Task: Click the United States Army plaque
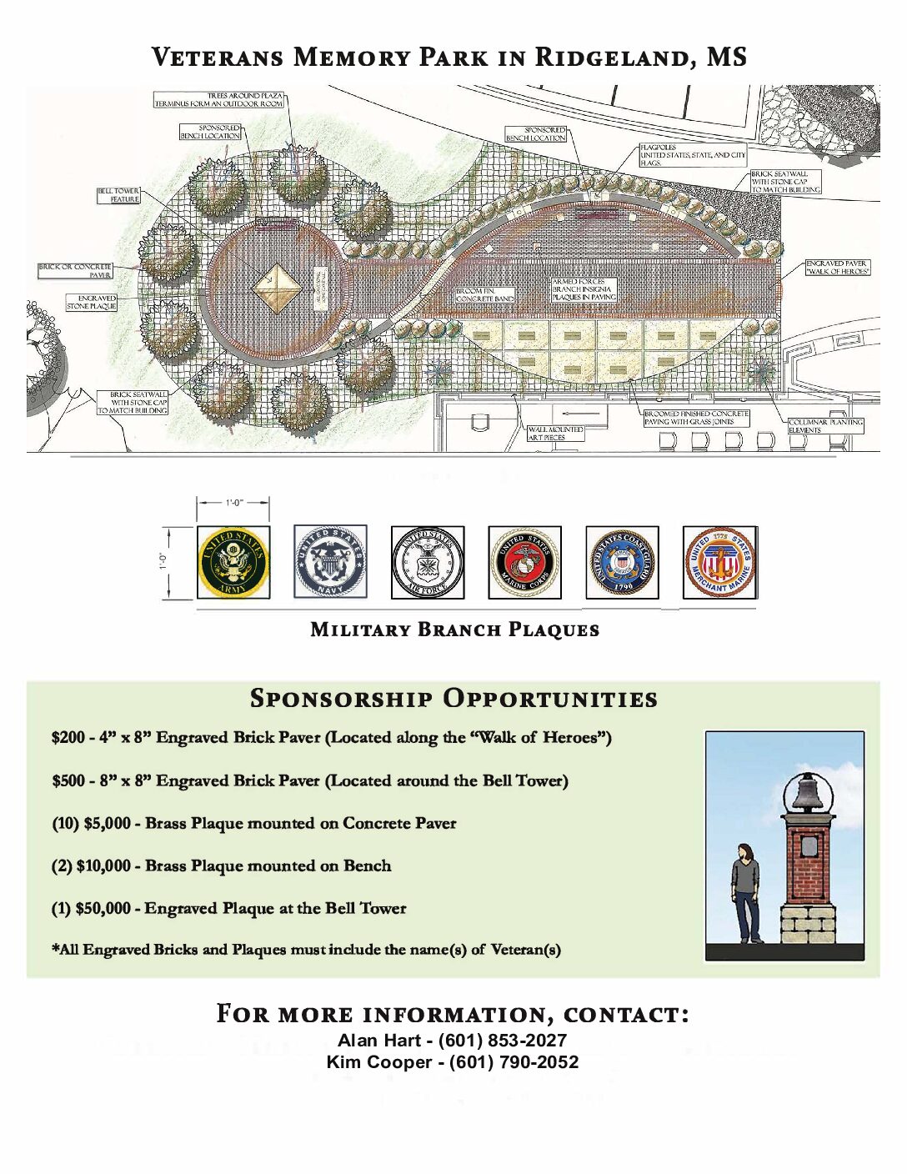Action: (x=233, y=562)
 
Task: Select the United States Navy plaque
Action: (x=330, y=562)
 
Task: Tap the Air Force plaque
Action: (x=428, y=563)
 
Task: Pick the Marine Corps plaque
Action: (x=525, y=563)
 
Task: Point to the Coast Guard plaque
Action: (x=622, y=563)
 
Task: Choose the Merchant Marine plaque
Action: (x=719, y=563)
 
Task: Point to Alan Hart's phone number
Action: (x=503, y=1041)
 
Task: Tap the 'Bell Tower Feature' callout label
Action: (x=118, y=195)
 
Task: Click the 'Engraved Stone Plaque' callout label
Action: (x=92, y=302)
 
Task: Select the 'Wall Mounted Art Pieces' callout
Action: (x=555, y=433)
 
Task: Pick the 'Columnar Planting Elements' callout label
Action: (x=825, y=426)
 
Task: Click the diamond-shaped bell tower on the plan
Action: (x=277, y=288)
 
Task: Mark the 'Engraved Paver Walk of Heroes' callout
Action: (x=837, y=268)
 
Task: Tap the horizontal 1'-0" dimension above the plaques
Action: (x=233, y=503)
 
